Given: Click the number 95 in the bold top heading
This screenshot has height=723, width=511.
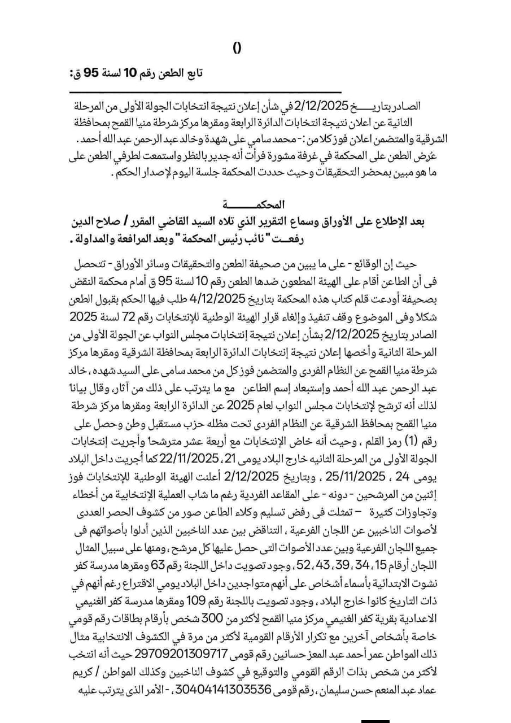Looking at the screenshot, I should [x=91, y=73].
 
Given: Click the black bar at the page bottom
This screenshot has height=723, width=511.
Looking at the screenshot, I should [x=375, y=721].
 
